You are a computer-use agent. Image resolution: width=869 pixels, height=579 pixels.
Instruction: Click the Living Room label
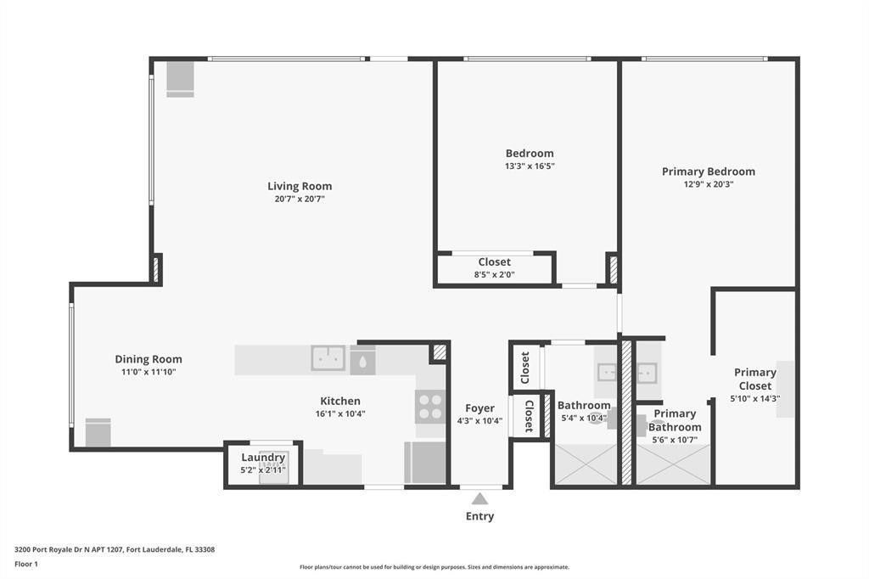tap(300, 186)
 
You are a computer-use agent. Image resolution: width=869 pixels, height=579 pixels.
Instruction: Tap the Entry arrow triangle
tap(479, 498)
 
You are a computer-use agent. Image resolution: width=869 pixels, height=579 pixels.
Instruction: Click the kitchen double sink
tap(328, 358)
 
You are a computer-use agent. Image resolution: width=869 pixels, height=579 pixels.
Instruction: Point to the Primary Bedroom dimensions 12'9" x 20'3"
tap(708, 184)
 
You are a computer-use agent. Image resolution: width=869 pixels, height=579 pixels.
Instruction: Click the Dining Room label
tap(149, 359)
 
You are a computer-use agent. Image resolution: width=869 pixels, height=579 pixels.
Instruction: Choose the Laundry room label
tap(263, 458)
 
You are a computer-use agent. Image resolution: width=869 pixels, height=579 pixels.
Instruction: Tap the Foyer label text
tap(479, 408)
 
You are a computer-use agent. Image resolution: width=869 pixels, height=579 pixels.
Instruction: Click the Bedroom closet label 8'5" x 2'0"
tap(494, 274)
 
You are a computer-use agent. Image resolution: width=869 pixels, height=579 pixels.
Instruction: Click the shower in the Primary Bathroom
tap(673, 464)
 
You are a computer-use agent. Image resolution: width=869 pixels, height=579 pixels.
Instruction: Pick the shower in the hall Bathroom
tap(586, 464)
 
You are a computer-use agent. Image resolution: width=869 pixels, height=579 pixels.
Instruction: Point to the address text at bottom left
tap(115, 549)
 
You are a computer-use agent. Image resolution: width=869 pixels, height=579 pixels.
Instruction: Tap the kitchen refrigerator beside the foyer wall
tap(425, 463)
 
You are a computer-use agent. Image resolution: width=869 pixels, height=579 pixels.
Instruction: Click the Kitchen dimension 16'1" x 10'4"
tap(339, 414)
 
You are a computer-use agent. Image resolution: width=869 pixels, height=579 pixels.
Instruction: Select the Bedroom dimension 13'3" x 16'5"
tap(530, 166)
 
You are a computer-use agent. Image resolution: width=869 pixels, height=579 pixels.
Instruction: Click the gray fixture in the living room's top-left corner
tap(180, 79)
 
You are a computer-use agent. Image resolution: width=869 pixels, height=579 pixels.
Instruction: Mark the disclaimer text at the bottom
tap(434, 567)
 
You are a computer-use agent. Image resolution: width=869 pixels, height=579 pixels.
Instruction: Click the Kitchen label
tap(339, 401)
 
